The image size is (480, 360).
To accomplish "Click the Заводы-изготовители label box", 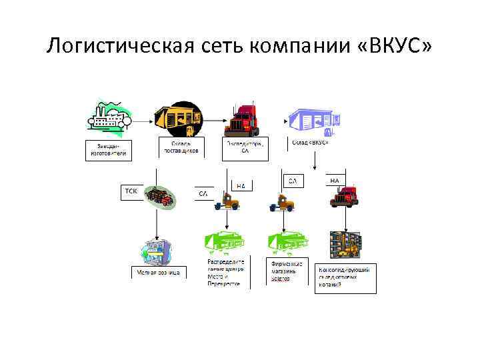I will click(109, 149).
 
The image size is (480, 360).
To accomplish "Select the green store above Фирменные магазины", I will click(288, 243).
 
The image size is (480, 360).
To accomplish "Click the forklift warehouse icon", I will click(345, 245).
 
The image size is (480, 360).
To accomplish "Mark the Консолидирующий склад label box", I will click(345, 277).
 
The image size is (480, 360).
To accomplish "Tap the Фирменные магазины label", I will click(288, 271).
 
